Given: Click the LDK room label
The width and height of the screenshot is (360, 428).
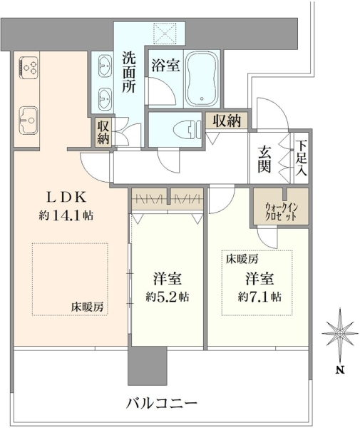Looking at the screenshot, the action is [67, 198].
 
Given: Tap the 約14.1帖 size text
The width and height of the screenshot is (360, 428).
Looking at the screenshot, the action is [66, 216].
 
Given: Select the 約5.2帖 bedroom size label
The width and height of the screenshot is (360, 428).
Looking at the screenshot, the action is [168, 297].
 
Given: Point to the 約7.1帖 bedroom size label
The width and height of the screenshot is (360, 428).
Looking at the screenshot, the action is [259, 297].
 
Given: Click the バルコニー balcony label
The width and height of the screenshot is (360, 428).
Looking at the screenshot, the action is [162, 403].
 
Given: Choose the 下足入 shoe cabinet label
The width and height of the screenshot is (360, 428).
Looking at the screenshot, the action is [302, 158].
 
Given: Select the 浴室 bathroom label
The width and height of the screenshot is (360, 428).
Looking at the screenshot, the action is [165, 65].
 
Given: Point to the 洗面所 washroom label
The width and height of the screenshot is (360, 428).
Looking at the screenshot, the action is [129, 72].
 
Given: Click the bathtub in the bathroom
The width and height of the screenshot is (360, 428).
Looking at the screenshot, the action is [202, 78].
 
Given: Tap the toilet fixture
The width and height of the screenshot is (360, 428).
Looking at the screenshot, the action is [186, 129].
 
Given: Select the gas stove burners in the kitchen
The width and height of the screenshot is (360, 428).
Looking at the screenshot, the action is [29, 67].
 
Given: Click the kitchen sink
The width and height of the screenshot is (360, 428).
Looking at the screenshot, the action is [29, 120].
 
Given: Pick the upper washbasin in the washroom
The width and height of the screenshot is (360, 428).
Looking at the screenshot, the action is [105, 65].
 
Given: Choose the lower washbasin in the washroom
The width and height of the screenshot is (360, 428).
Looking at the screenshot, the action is [105, 98].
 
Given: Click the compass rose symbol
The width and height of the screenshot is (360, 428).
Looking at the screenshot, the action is [339, 334].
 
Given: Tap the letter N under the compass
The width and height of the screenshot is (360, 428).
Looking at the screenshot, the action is [340, 370].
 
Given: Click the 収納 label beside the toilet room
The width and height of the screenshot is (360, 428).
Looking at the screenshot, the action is [227, 121].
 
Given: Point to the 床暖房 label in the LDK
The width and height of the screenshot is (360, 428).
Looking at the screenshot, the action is [87, 307].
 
